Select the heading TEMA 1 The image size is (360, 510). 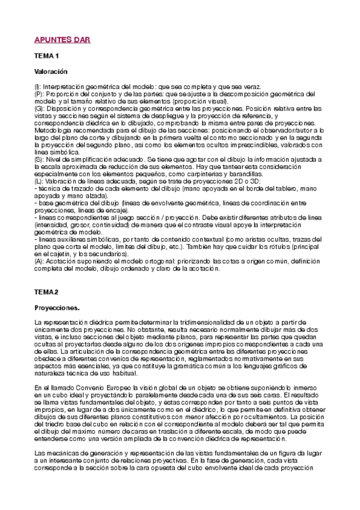click(x=47, y=56)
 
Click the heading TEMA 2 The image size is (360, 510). click(x=47, y=292)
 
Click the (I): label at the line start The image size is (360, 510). click(x=38, y=88)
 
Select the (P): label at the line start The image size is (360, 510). click(x=39, y=94)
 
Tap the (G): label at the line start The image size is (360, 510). click(x=40, y=108)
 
